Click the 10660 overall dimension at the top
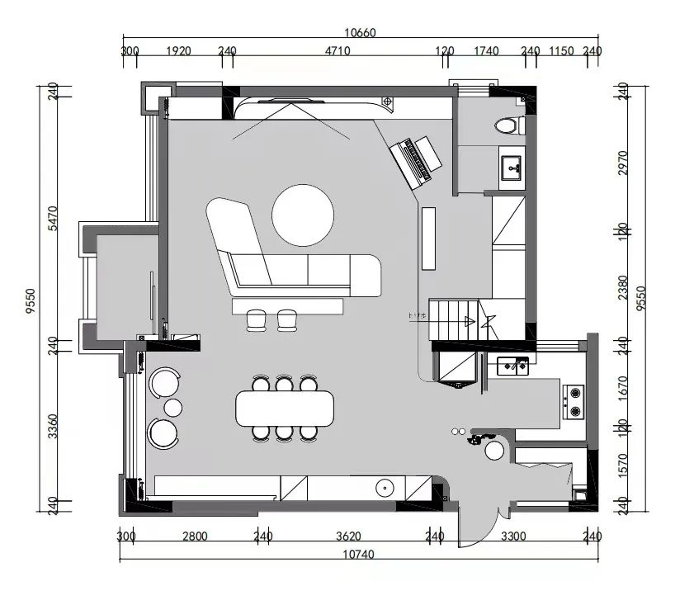(360, 33)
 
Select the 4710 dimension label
(338, 51)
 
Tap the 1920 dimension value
(178, 51)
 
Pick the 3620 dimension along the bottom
(349, 536)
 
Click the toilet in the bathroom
(508, 126)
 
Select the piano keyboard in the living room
(418, 158)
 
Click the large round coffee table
(303, 215)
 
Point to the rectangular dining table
(285, 408)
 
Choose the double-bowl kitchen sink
(516, 364)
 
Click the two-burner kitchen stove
(574, 402)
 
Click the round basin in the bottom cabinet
(385, 488)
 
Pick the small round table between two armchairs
(173, 407)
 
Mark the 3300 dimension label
(513, 536)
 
